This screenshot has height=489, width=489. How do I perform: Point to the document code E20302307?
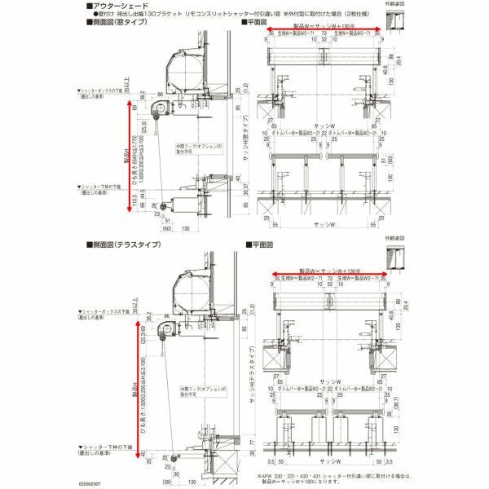point(95,484)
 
